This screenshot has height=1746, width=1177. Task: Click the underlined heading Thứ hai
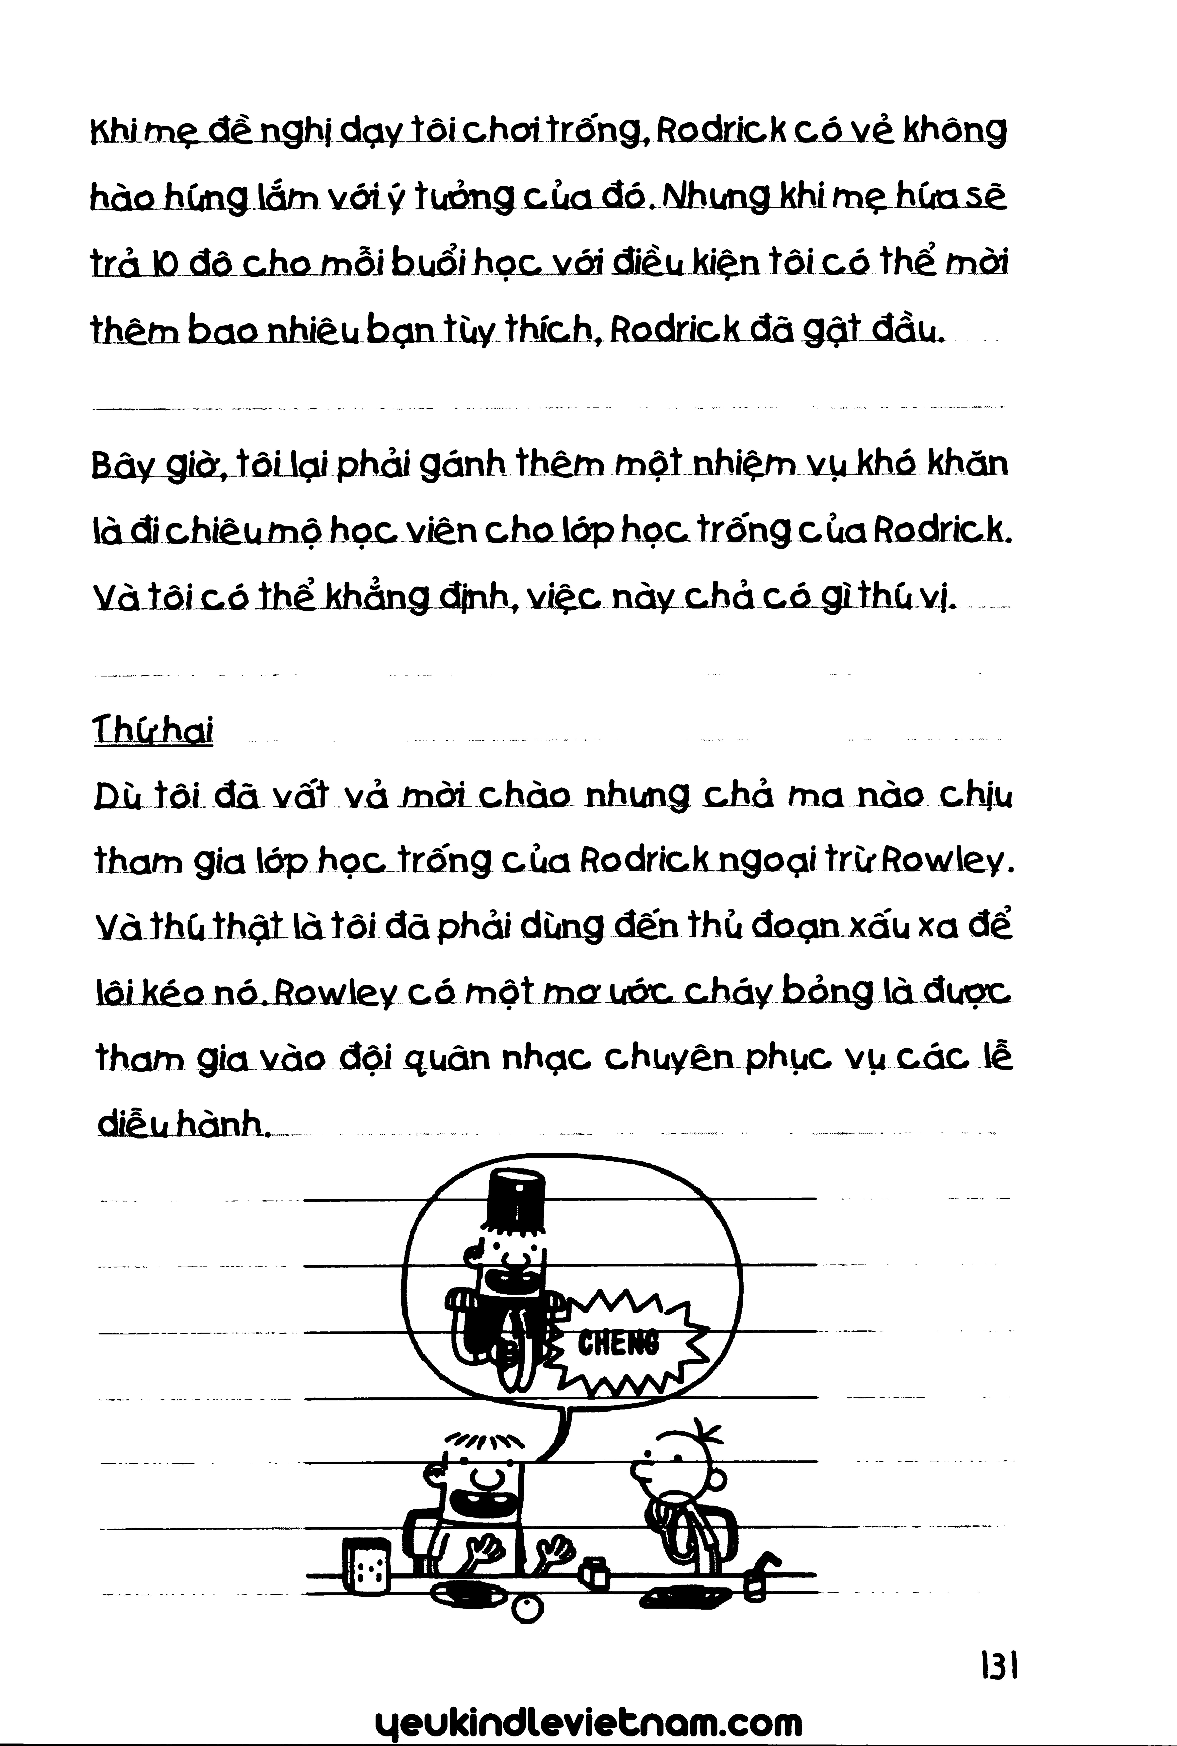click(153, 729)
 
